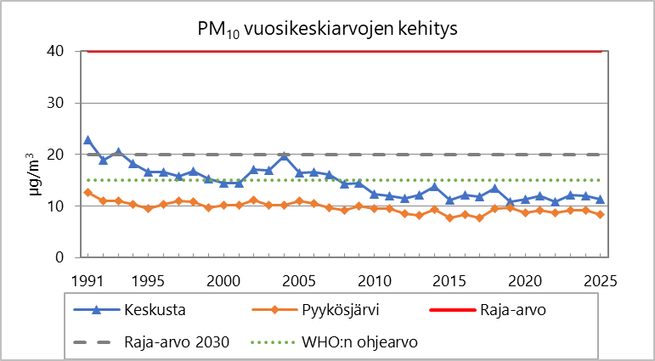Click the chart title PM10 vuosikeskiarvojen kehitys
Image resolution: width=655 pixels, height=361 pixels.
(x=327, y=29)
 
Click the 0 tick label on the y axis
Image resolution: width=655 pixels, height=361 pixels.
(x=59, y=257)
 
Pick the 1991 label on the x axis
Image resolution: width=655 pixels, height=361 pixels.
(x=87, y=280)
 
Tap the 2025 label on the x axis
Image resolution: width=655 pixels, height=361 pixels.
(x=601, y=280)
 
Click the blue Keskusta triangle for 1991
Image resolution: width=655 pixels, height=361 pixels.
(x=88, y=139)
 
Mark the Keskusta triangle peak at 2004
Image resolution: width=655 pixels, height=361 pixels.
(x=284, y=155)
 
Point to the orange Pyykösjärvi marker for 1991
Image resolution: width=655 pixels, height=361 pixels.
(x=88, y=193)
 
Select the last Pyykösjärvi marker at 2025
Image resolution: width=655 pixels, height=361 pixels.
(x=601, y=215)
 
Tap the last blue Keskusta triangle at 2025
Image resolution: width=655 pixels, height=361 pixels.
(x=601, y=200)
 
